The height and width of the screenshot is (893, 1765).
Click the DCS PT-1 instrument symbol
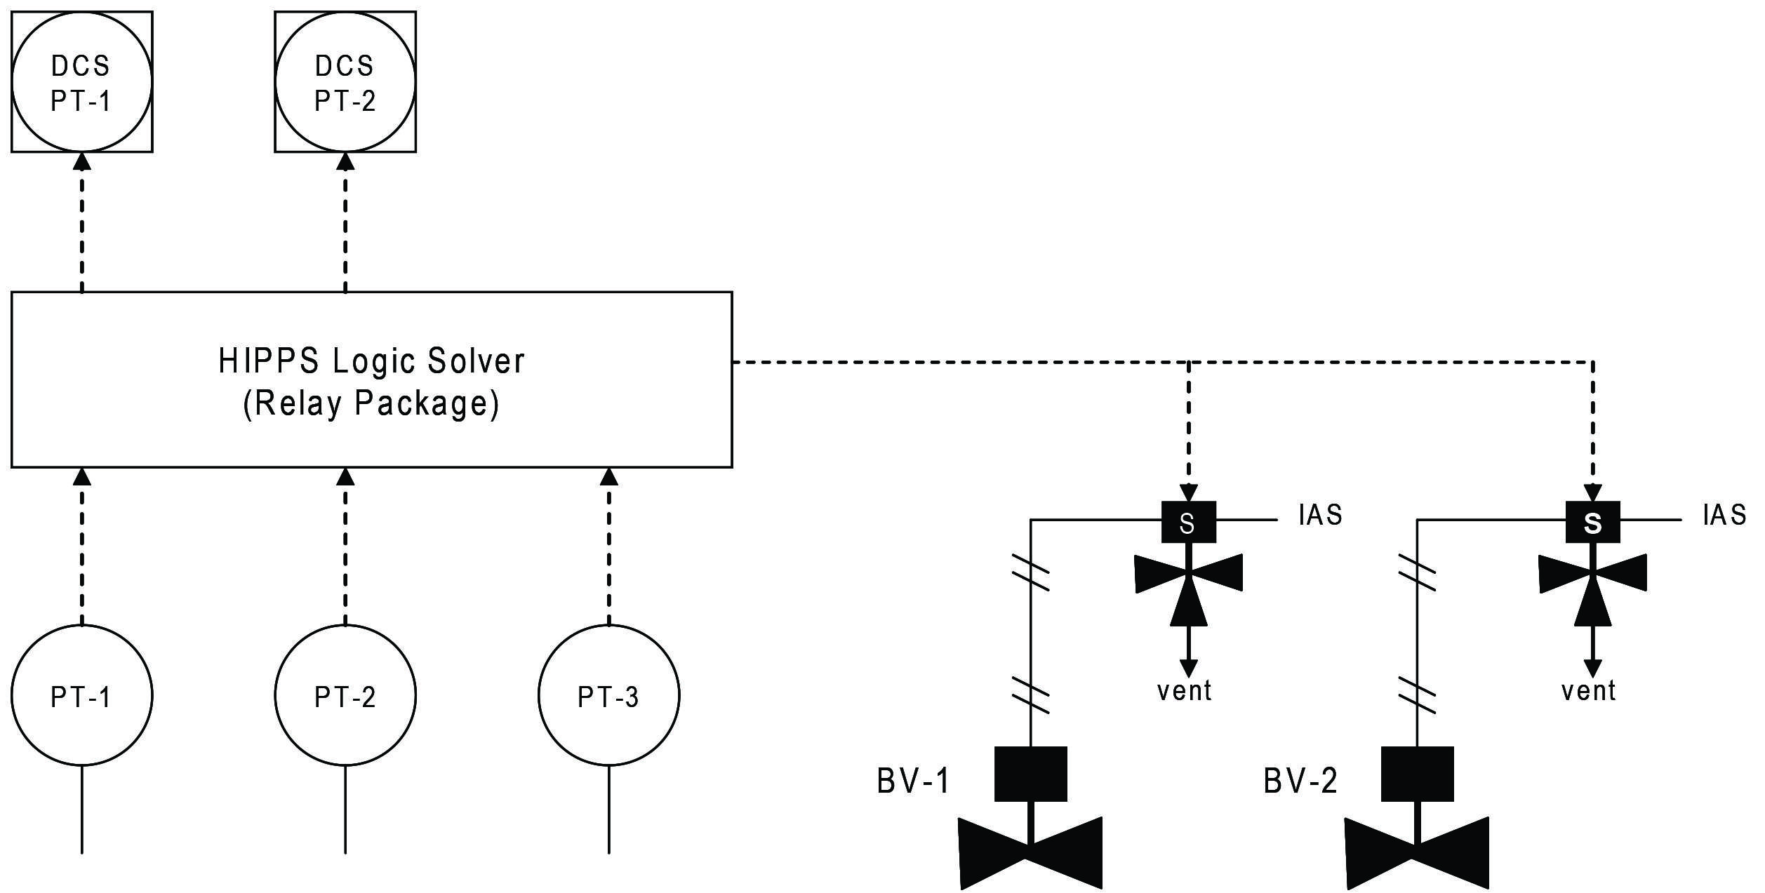point(81,82)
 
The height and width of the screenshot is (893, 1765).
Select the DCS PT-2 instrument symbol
point(345,82)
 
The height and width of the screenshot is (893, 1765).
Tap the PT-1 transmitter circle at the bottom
point(81,695)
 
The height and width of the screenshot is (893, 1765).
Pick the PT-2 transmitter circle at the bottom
point(345,695)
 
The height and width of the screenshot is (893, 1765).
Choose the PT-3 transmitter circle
point(608,695)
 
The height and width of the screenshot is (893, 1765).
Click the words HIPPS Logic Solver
point(371,361)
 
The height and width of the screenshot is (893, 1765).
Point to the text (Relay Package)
point(371,403)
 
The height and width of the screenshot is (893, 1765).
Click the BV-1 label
point(913,781)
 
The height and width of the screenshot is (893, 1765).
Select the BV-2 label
point(1300,781)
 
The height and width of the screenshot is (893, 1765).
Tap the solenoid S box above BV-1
point(1188,522)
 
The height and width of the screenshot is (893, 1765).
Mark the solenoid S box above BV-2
point(1592,522)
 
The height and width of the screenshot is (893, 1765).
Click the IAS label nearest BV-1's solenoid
point(1320,516)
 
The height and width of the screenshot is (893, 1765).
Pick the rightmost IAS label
point(1724,516)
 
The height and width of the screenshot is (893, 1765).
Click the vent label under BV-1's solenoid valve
point(1184,691)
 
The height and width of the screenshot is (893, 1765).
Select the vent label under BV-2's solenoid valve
point(1588,691)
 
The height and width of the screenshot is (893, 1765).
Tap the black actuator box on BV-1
point(1030,774)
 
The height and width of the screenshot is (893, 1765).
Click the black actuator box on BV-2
point(1417,774)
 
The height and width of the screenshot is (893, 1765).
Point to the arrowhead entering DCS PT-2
point(345,161)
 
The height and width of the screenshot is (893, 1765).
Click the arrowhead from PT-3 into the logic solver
point(608,476)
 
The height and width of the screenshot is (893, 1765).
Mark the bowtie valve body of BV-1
point(1030,852)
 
